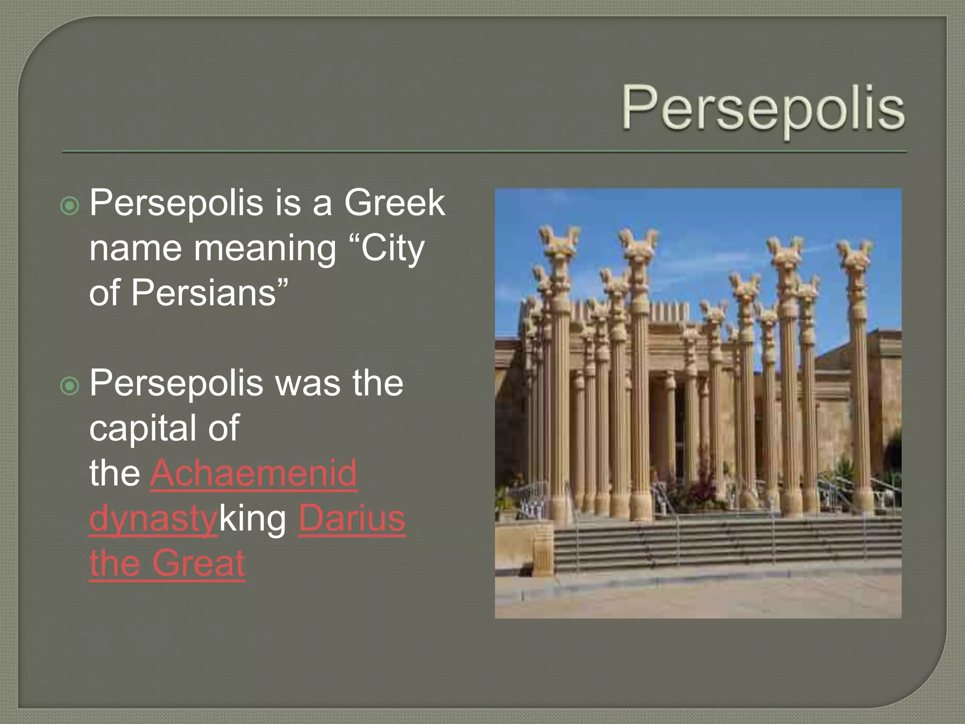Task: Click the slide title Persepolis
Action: pos(763,109)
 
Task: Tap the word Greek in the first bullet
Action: pos(394,203)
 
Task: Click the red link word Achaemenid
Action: pos(254,473)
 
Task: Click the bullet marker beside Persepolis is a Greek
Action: pos(70,206)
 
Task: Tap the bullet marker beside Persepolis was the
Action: pos(70,387)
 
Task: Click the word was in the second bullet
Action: pos(308,383)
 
